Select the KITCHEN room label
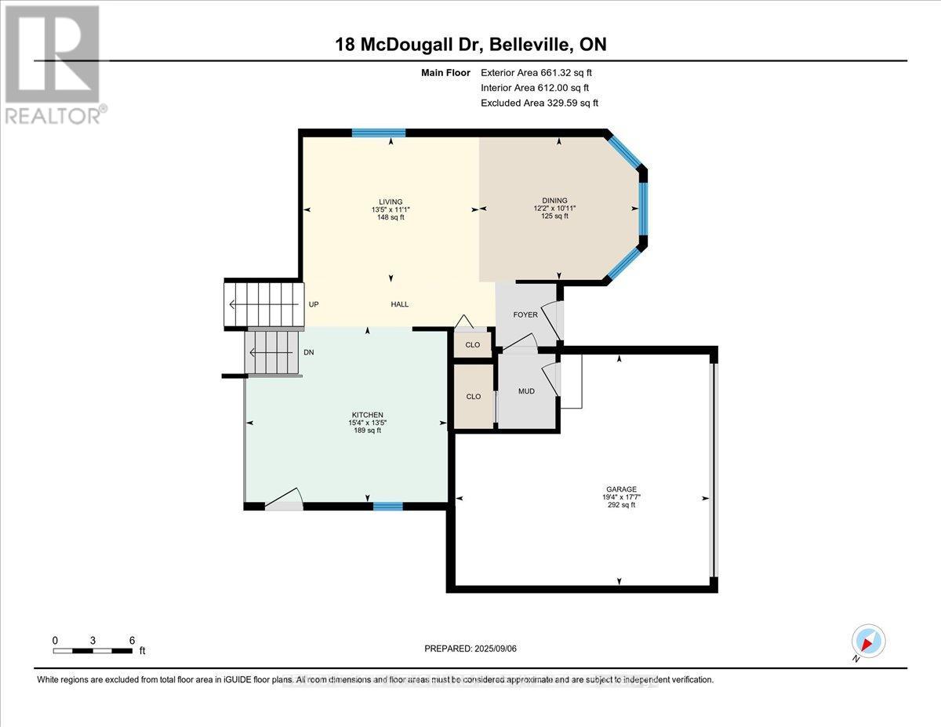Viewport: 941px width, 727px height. [x=366, y=415]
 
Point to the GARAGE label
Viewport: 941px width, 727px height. [x=619, y=489]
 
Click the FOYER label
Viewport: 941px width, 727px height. [x=525, y=314]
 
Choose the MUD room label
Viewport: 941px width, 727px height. [x=526, y=391]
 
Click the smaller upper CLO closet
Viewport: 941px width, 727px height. [x=473, y=344]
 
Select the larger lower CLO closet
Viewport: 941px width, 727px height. [x=473, y=397]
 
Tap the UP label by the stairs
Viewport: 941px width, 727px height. [x=314, y=304]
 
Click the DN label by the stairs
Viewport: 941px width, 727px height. [x=309, y=353]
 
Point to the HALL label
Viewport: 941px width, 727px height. [x=399, y=304]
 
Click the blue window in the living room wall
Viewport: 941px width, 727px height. [x=378, y=133]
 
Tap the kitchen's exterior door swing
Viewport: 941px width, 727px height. [x=284, y=500]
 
